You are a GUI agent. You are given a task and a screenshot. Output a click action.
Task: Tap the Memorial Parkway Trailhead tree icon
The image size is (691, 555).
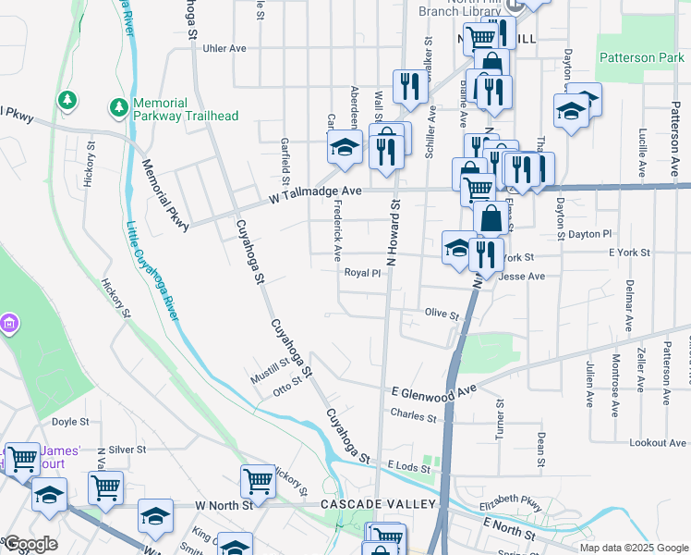pyautogui.click(x=118, y=108)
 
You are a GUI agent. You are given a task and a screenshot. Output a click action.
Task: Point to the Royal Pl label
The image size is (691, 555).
pyautogui.click(x=362, y=273)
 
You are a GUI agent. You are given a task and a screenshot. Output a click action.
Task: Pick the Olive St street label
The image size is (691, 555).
pyautogui.click(x=442, y=314)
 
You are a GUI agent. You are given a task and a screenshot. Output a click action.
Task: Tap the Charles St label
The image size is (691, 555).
pyautogui.click(x=413, y=416)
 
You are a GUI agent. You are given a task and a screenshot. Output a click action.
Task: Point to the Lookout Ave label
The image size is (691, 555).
pyautogui.click(x=658, y=443)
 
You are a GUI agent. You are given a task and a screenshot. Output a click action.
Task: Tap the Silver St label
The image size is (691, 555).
pyautogui.click(x=127, y=449)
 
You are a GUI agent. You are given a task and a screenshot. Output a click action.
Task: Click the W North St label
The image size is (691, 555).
pyautogui.click(x=224, y=506)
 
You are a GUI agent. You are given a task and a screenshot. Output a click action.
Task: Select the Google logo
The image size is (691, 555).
pyautogui.click(x=30, y=544)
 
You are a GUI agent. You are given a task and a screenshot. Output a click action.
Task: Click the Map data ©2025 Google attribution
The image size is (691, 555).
pyautogui.click(x=633, y=548)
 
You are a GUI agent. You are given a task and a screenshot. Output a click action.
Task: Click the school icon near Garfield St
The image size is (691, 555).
pyautogui.click(x=345, y=147)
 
